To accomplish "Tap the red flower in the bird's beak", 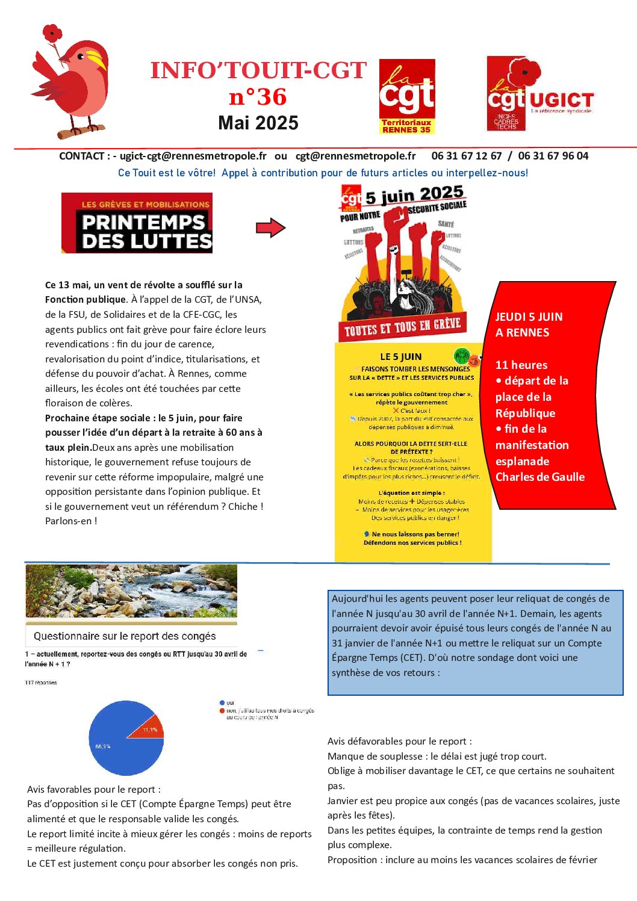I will point(53,34).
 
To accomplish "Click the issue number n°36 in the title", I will point(258,97).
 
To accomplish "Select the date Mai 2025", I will point(258,123).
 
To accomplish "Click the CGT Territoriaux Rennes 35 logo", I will point(407,96).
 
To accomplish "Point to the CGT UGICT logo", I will point(539,94).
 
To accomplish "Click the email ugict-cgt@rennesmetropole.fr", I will point(193,156).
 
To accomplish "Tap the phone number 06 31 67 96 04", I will point(553,156).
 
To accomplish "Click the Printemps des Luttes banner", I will point(137,223).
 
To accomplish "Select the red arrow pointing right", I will point(270,228).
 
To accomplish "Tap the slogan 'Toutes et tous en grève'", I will point(402,327).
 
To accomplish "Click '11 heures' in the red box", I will point(521,365).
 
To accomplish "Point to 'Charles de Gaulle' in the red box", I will point(540,477).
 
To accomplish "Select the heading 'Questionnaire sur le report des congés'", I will point(125,636).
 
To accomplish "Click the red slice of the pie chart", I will point(151,727).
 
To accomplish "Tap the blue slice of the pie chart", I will point(120,746).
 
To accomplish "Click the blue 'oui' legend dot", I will point(222,702).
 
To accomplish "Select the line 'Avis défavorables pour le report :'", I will point(400,742).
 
